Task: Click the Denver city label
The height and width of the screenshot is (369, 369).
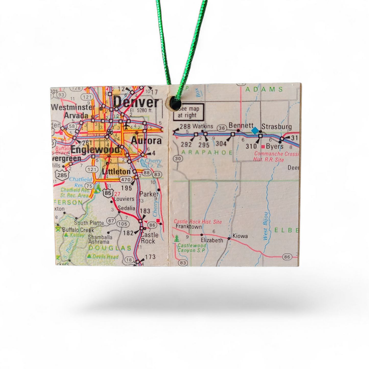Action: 136,102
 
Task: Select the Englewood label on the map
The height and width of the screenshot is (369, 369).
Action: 95,150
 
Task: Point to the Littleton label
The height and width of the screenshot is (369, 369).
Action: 116,172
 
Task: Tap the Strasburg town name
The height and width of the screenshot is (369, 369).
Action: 277,126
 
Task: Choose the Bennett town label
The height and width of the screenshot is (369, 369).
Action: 241,125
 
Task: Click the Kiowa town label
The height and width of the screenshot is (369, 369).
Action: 240,236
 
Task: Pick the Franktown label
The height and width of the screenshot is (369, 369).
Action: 189,227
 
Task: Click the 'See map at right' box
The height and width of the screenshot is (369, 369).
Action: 188,112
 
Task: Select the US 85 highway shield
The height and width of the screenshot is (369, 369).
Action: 108,193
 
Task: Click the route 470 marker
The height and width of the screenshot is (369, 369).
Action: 126,179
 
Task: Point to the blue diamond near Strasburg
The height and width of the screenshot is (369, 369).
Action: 255,131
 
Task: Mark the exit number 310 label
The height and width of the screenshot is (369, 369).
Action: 251,146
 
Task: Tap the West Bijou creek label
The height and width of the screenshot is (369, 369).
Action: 266,226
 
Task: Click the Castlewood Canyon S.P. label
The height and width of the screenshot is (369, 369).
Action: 192,248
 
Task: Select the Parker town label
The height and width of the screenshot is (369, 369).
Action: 149,194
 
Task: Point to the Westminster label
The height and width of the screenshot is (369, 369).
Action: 73,107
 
